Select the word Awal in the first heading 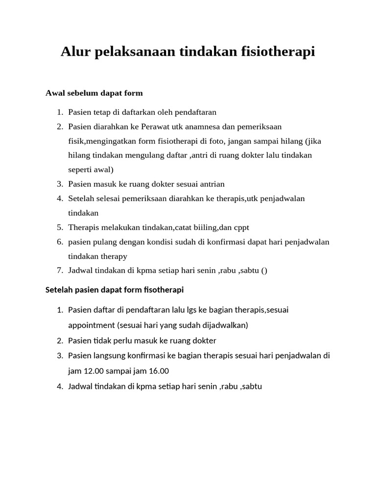click(x=55, y=93)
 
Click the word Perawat click(x=154, y=126)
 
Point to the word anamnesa click(x=201, y=126)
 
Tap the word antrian click(x=211, y=184)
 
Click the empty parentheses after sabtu click(x=264, y=271)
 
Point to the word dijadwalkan click(x=224, y=325)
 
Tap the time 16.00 click(x=157, y=371)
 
